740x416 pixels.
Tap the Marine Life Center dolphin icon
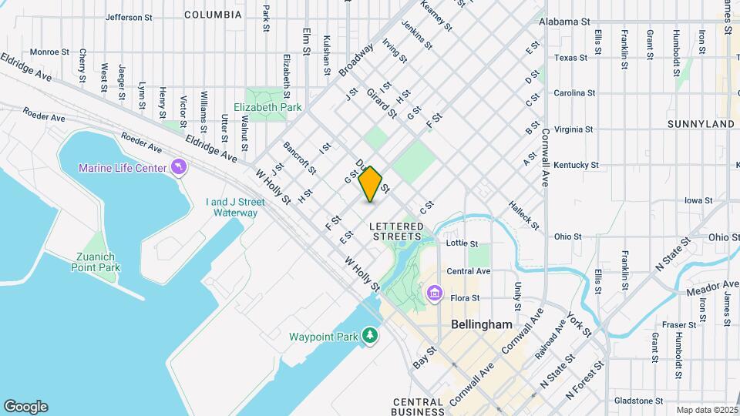tap(180, 167)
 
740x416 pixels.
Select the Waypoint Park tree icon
tap(371, 336)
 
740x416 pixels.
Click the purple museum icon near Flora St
tap(435, 294)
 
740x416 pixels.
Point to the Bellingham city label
tap(481, 325)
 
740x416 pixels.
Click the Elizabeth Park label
tap(267, 108)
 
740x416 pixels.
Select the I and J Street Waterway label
tap(235, 207)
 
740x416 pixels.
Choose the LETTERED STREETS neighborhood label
tap(397, 231)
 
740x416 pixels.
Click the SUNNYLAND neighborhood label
tap(701, 123)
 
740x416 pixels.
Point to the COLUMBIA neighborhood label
tap(213, 15)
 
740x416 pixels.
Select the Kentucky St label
tap(576, 165)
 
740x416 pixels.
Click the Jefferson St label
tap(129, 17)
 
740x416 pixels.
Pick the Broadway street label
tap(355, 59)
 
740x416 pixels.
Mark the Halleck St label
tap(523, 216)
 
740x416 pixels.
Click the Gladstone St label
tap(639, 401)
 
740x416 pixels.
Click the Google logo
tap(25, 407)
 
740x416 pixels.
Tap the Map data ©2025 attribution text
tap(705, 410)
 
